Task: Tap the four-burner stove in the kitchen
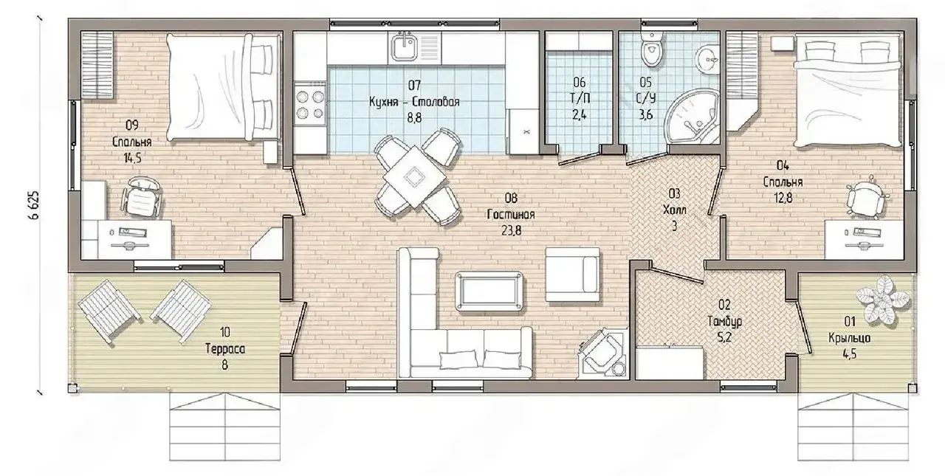(309, 105)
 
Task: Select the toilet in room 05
(652, 49)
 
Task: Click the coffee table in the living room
(489, 292)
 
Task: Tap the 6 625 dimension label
(35, 205)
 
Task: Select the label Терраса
(225, 348)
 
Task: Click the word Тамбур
(724, 321)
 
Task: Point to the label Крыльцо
(849, 338)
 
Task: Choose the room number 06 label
(580, 81)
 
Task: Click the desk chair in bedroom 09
(142, 196)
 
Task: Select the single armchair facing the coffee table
(572, 275)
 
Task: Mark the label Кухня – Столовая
(414, 102)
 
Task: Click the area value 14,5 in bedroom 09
(132, 158)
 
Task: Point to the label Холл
(674, 210)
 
